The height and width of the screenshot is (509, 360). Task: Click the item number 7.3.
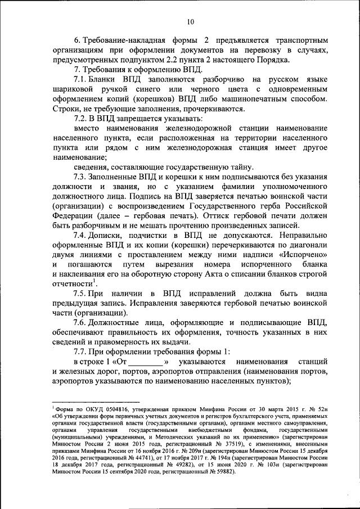[82, 177]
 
